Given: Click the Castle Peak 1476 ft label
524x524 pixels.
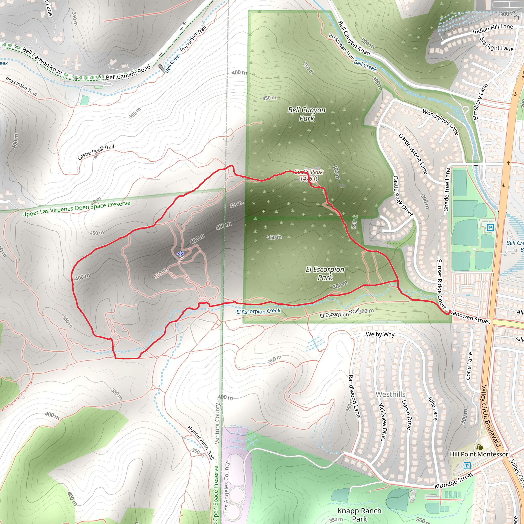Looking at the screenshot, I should coord(309,175).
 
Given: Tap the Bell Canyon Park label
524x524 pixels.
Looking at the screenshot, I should coord(307,114).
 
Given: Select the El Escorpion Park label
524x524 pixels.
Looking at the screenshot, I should coord(325,274).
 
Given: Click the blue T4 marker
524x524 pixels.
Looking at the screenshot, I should coord(181,254).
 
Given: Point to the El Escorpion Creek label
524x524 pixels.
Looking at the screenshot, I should coord(258,311).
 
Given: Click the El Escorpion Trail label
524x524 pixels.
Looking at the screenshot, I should coord(340,313).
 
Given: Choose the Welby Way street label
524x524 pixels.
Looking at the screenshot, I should coord(380,334).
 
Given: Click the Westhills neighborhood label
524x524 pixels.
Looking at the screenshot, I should coord(390,394).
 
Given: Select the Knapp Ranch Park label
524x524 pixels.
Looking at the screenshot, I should coord(359,515).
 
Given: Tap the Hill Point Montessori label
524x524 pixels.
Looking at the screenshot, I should coord(479,454).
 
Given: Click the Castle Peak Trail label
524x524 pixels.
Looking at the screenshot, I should coord(96,152).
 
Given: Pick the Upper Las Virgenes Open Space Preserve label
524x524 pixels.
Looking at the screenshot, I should coord(76,209).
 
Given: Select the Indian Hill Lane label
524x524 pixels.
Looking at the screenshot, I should coord(493,29).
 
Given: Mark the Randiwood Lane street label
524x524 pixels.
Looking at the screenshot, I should coord(354,396).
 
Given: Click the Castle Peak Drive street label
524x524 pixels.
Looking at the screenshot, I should coord(403,196).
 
